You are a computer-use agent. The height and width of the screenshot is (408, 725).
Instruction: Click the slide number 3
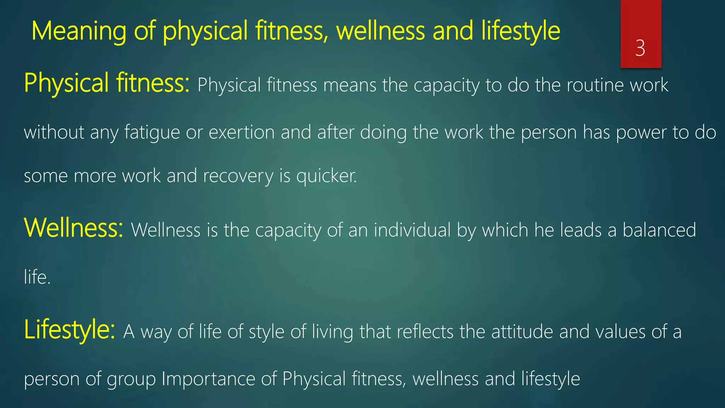[640, 48]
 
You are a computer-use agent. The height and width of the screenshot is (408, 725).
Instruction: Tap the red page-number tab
[641, 21]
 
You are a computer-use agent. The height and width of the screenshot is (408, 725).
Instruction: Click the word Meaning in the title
[79, 31]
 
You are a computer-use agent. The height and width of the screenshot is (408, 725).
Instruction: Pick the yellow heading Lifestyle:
[69, 330]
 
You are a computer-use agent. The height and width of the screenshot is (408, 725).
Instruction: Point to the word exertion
[241, 132]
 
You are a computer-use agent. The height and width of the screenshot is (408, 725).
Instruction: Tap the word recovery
[238, 176]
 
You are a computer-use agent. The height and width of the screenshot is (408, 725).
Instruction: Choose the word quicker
[326, 176]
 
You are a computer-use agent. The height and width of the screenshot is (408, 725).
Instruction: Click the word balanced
[659, 230]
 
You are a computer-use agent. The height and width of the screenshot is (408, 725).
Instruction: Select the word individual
[412, 230]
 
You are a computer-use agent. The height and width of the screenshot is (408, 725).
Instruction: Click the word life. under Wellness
[37, 277]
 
